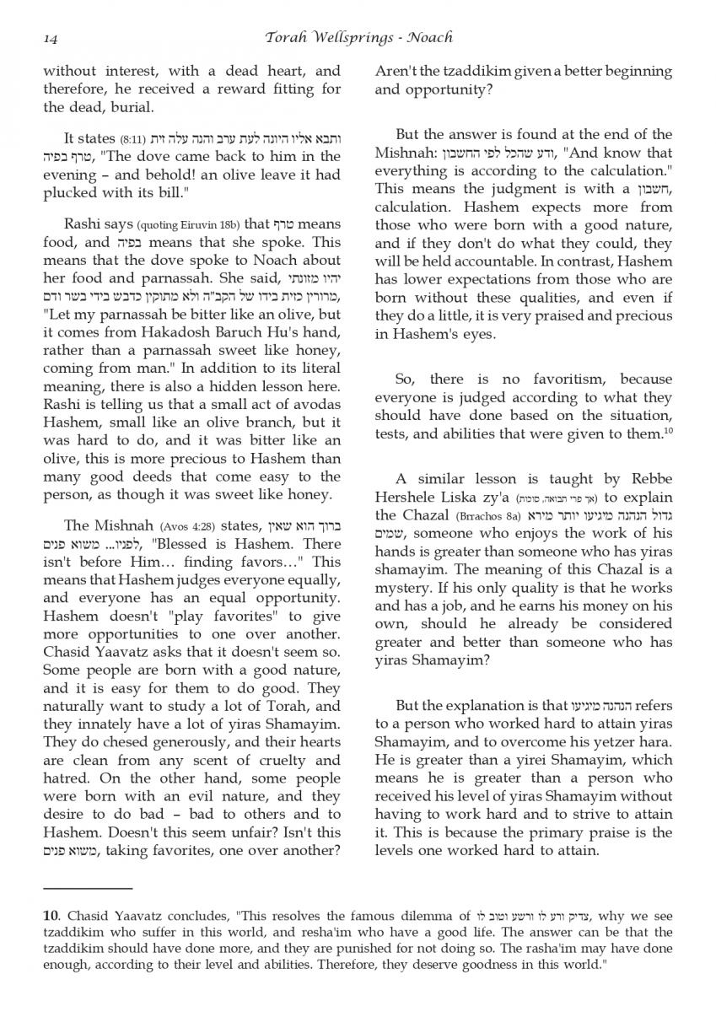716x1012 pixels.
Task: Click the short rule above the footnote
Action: pos(88,888)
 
